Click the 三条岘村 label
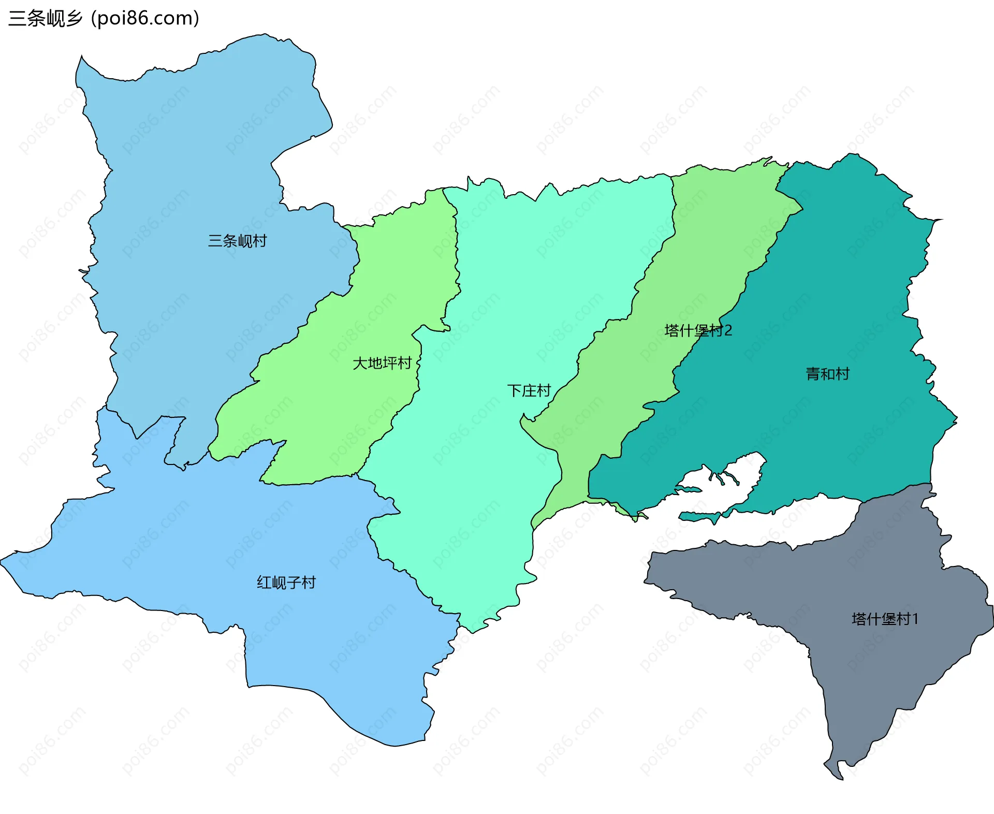coord(237,241)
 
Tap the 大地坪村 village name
coord(382,363)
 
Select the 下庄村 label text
coord(529,390)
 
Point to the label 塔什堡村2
coord(698,330)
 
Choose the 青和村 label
coord(827,374)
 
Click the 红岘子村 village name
coord(286,583)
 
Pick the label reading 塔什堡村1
coord(885,619)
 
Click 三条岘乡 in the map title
coord(46,19)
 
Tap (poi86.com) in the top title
coord(145,19)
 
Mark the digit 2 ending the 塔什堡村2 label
coord(728,330)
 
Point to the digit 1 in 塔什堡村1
coord(915,619)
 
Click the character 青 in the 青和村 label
coord(813,374)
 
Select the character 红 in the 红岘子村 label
coord(264,583)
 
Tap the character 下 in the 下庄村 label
coord(514,390)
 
